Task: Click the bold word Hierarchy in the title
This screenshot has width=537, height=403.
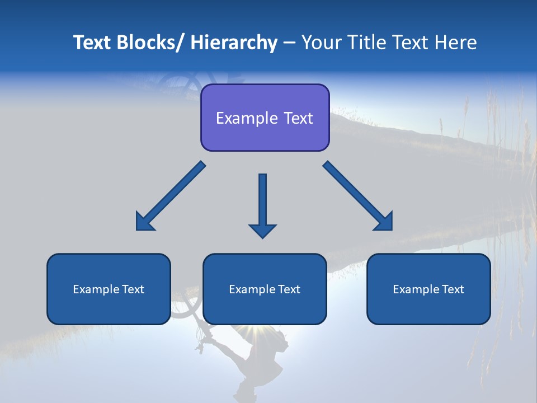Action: tap(234, 43)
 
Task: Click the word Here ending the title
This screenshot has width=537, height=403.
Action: tap(456, 43)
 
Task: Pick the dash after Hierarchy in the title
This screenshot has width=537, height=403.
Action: tap(289, 44)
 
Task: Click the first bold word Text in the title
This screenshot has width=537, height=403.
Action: tap(92, 43)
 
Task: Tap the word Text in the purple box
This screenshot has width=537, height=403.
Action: tap(297, 118)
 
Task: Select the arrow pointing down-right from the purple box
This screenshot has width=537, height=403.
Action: tap(359, 196)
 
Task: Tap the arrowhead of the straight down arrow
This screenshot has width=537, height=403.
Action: tap(262, 231)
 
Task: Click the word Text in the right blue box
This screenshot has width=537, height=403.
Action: tap(453, 289)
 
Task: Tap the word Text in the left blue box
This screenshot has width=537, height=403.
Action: tap(133, 289)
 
